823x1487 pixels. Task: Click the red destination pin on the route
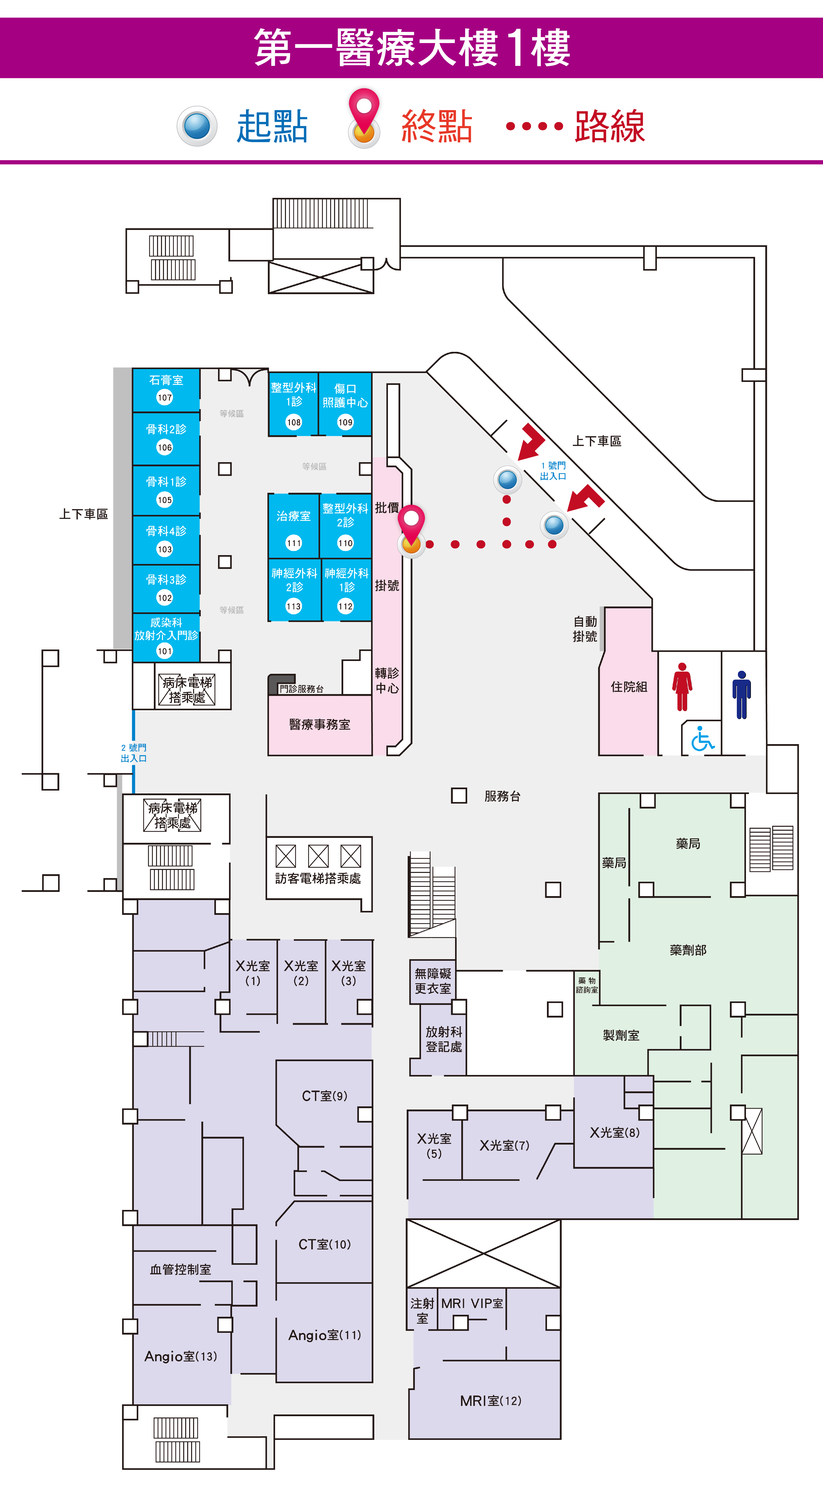(x=411, y=530)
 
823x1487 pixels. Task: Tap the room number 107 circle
(x=165, y=397)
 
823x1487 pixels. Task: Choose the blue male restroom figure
(x=742, y=695)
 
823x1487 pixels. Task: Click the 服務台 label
(x=502, y=796)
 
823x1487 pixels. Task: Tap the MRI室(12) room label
(x=490, y=1400)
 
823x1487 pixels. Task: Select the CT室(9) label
(x=324, y=1096)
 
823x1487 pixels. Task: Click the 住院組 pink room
(x=628, y=681)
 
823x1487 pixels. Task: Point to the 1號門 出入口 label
(x=553, y=471)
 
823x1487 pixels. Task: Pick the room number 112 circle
(x=345, y=606)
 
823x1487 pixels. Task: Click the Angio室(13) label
(x=181, y=1356)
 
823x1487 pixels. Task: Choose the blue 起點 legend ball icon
(x=197, y=126)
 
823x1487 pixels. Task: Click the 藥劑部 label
(x=688, y=950)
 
